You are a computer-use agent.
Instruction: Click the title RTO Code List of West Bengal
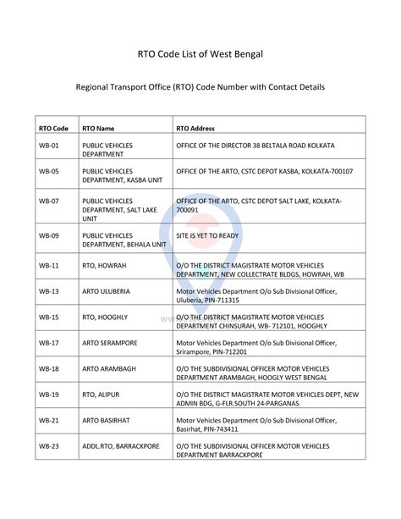(200, 54)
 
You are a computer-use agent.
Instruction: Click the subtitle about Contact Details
(200, 86)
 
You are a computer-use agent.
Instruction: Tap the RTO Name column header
(98, 128)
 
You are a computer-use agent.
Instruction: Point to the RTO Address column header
(195, 128)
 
